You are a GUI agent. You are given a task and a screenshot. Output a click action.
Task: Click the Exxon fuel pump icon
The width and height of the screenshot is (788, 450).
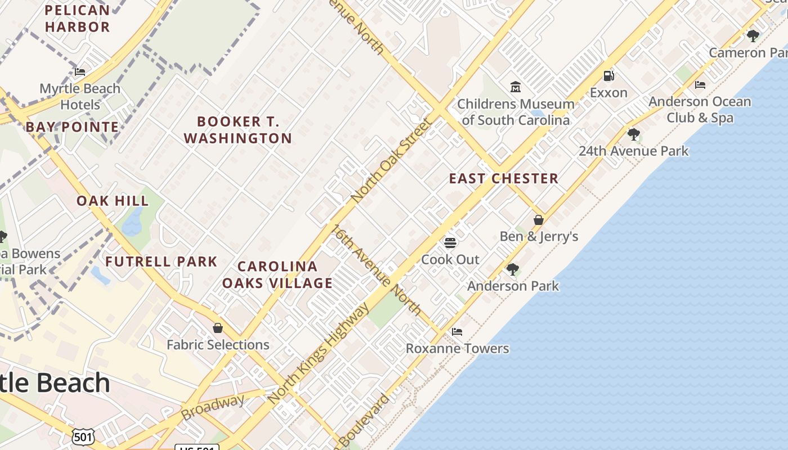tap(608, 75)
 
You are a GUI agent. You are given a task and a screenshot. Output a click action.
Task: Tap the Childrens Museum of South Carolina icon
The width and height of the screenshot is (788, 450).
tap(516, 87)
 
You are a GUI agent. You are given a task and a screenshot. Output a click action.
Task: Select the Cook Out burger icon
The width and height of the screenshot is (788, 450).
tap(450, 242)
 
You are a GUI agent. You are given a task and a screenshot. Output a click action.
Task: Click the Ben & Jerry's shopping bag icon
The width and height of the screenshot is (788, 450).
tap(539, 219)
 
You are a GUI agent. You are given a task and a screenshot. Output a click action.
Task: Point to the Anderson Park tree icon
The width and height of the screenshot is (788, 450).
tap(512, 269)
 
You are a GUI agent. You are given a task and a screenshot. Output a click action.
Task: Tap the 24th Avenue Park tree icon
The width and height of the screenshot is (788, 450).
tap(634, 134)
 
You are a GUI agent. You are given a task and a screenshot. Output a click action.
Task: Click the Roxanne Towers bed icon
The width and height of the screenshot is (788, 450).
tap(457, 332)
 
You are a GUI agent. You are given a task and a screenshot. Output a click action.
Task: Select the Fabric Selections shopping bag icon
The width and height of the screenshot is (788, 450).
tap(218, 327)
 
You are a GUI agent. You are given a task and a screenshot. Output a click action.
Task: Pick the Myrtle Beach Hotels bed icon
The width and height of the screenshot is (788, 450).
tap(80, 71)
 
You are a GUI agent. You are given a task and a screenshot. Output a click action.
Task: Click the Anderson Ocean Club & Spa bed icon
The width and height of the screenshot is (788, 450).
tap(700, 85)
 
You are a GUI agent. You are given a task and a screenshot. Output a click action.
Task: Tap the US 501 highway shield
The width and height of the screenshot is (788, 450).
tap(83, 436)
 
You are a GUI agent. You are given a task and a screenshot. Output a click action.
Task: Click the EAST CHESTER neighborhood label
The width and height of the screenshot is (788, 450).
tap(503, 179)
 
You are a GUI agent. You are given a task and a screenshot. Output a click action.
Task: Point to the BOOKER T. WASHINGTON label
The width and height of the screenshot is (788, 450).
tap(238, 130)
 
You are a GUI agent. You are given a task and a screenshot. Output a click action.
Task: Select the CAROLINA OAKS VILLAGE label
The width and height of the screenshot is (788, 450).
tap(277, 274)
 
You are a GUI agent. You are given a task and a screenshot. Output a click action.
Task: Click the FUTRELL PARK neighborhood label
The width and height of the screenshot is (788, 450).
tap(161, 262)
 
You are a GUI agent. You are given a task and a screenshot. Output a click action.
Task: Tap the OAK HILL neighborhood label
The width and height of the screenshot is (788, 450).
tap(113, 201)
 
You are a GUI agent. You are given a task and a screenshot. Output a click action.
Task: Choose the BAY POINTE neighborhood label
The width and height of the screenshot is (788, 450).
tap(72, 127)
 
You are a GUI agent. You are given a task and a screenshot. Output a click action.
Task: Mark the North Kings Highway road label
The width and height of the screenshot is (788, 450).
tap(319, 353)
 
